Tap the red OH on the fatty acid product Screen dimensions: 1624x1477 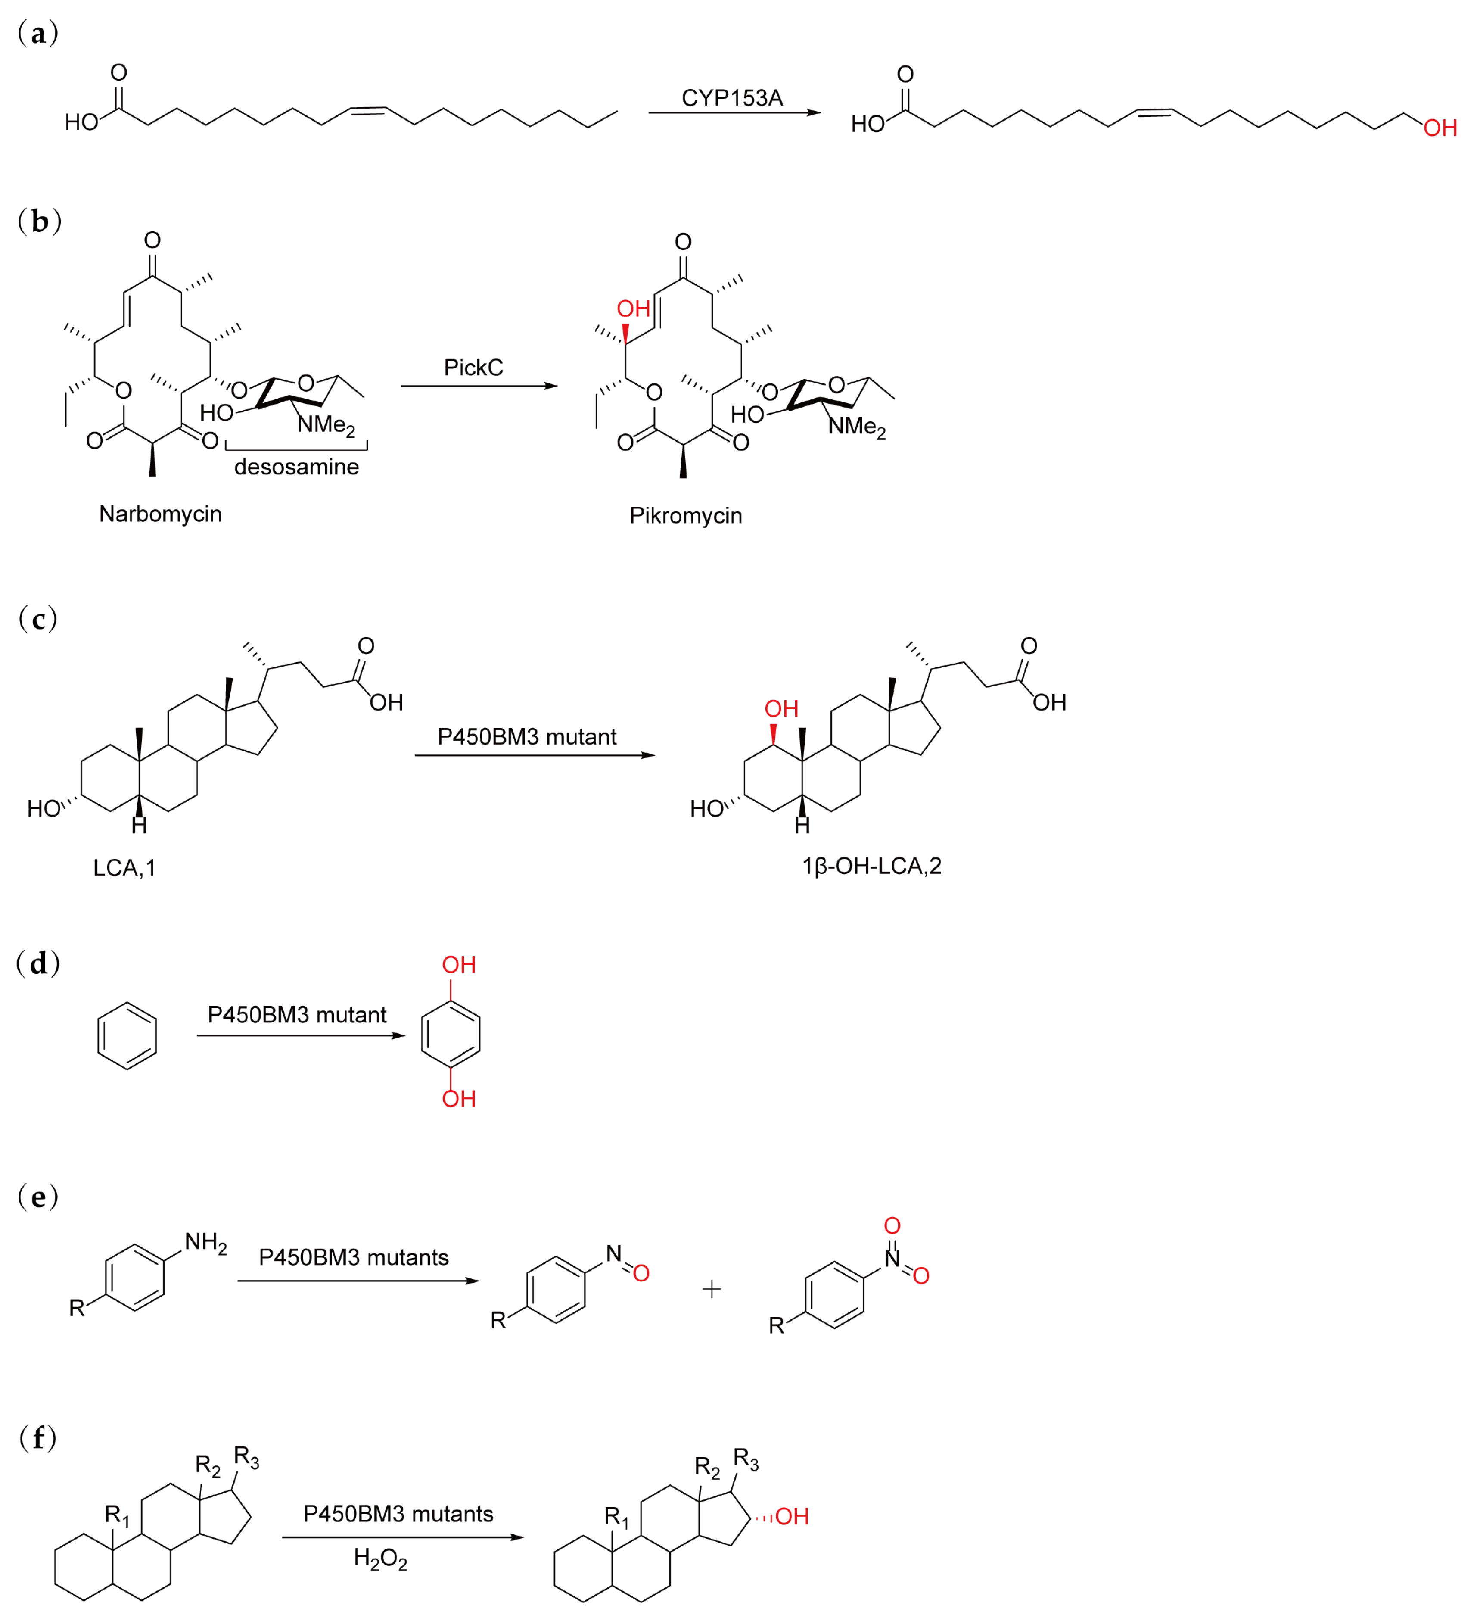1440,128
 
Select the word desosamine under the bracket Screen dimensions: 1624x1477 296,467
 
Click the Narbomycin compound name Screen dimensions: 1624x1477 160,514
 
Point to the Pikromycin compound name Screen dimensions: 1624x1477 685,516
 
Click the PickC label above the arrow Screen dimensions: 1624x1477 473,368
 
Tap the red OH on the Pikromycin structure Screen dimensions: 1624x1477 633,309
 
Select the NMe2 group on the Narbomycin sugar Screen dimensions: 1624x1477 326,424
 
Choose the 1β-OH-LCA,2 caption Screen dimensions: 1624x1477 871,866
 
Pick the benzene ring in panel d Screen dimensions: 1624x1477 127,1036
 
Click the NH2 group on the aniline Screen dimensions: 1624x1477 205,1243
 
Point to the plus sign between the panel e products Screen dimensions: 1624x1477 711,1290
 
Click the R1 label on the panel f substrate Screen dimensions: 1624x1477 117,1516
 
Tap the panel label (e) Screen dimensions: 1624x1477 38,1197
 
